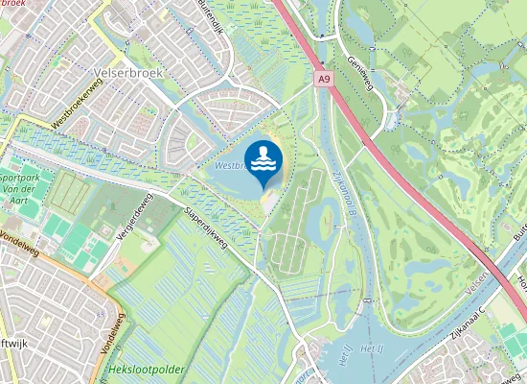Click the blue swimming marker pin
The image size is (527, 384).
(x=263, y=161)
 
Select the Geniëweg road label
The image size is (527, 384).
(x=359, y=68)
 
